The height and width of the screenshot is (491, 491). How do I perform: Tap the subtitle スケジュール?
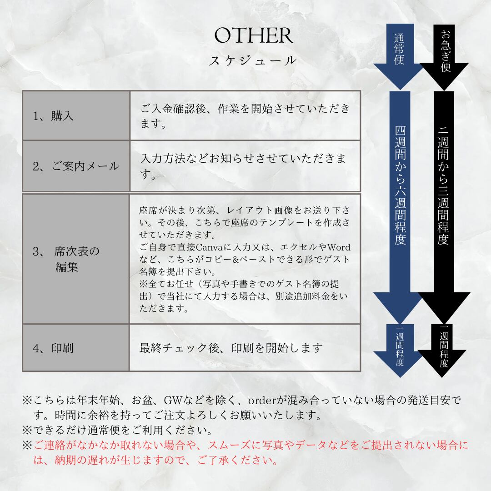(x=253, y=60)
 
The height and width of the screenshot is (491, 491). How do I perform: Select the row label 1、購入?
(x=53, y=116)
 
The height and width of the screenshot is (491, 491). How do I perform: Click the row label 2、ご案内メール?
(x=76, y=166)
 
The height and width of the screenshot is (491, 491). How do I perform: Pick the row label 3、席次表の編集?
(x=66, y=259)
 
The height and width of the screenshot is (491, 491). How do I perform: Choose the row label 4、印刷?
(x=53, y=349)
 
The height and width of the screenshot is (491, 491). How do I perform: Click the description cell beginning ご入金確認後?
(x=245, y=115)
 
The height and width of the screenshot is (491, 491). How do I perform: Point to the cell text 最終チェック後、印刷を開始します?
(x=231, y=348)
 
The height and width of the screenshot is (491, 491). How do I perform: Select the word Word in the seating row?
(x=339, y=247)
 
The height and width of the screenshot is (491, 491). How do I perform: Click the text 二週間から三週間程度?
(x=444, y=186)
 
